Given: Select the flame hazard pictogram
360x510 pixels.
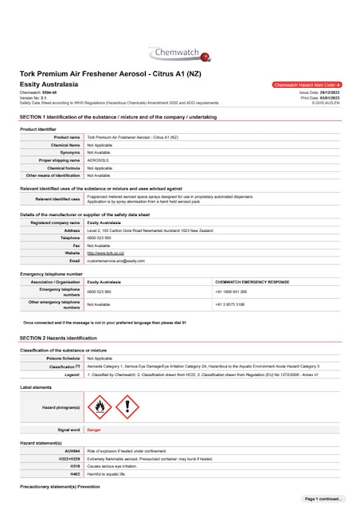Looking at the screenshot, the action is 99,406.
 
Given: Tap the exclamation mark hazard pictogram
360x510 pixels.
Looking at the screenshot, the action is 127,406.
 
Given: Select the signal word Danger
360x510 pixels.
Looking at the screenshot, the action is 94,430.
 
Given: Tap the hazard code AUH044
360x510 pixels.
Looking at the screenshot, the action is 71,451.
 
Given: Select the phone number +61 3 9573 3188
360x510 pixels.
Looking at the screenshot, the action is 231,304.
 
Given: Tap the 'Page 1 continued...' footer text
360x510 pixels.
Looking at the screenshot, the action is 323,498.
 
